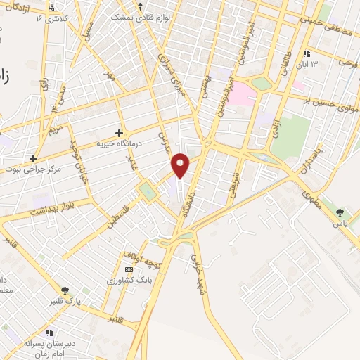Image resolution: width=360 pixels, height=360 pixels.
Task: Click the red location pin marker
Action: click(181, 165)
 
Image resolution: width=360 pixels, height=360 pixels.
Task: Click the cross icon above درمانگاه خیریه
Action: click(119, 132)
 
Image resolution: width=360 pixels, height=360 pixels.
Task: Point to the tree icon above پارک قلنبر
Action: click(65, 290)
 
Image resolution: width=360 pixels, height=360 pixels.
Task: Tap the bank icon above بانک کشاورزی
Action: click(128, 269)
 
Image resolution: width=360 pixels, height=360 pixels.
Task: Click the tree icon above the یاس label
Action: click(341, 212)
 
